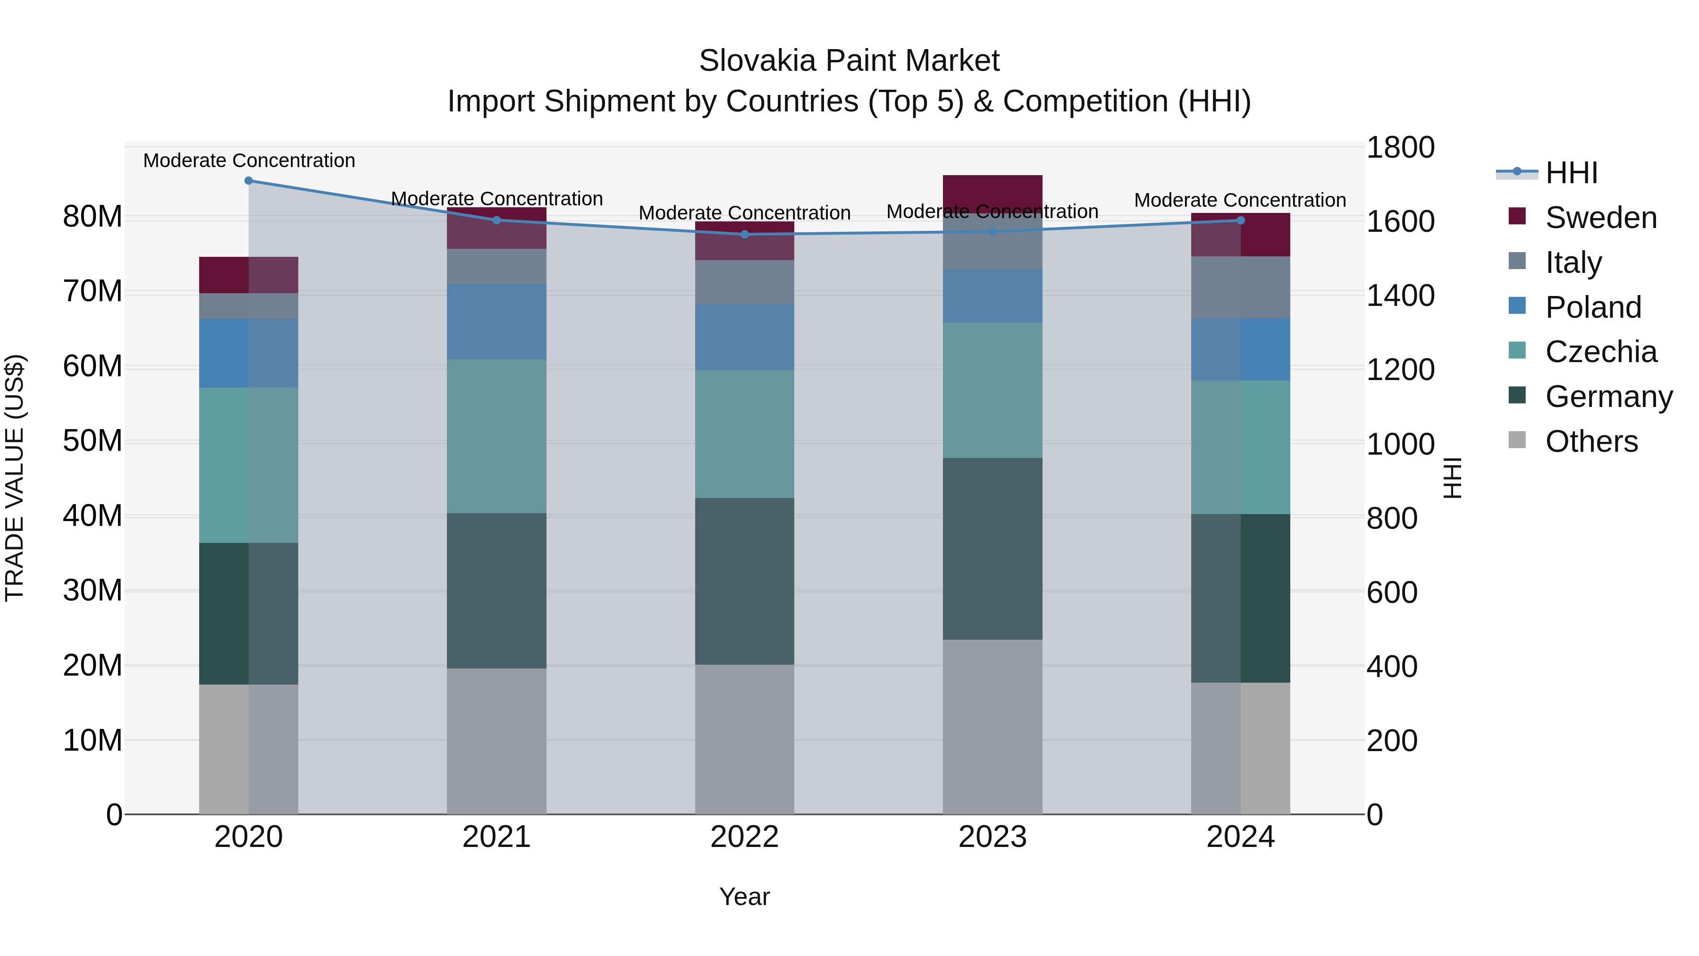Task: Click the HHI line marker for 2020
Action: coord(249,181)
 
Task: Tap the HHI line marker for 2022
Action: coord(745,234)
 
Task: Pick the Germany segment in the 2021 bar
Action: coord(496,591)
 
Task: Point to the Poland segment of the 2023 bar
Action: coord(992,296)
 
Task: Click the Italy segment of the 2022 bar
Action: coord(745,282)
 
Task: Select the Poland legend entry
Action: coord(1593,307)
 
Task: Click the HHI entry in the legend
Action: coord(1571,173)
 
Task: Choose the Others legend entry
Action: coord(1591,441)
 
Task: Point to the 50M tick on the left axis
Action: coord(93,441)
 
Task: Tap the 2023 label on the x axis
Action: coord(992,837)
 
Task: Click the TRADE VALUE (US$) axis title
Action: coord(15,478)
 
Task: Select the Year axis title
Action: coord(745,897)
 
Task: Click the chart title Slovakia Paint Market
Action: coord(849,61)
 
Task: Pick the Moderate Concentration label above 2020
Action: coord(249,161)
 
